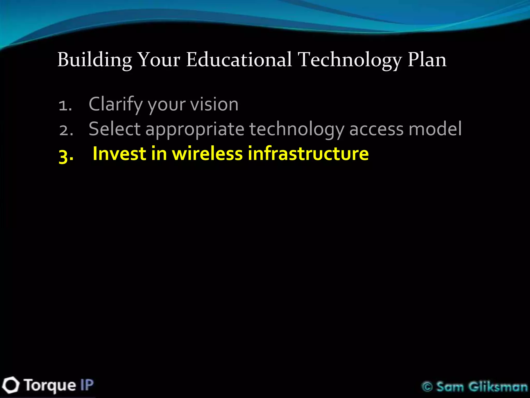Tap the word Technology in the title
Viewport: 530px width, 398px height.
tap(350, 60)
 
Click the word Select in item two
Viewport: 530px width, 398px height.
tap(114, 129)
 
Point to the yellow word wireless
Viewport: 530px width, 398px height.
tap(207, 153)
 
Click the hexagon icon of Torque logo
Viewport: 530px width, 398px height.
tap(10, 385)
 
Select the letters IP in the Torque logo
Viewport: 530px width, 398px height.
tap(87, 385)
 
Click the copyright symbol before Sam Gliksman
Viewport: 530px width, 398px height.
tap(427, 387)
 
